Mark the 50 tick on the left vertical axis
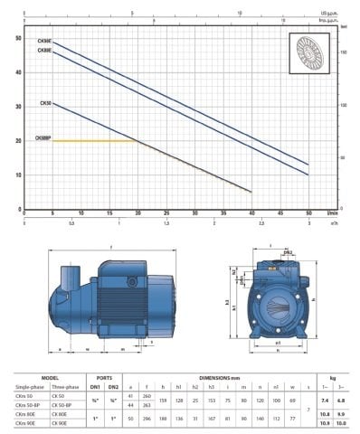coord(19,39)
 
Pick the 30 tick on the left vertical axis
coord(19,107)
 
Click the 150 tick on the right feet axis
coord(345,53)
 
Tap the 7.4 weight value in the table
coord(324,401)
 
